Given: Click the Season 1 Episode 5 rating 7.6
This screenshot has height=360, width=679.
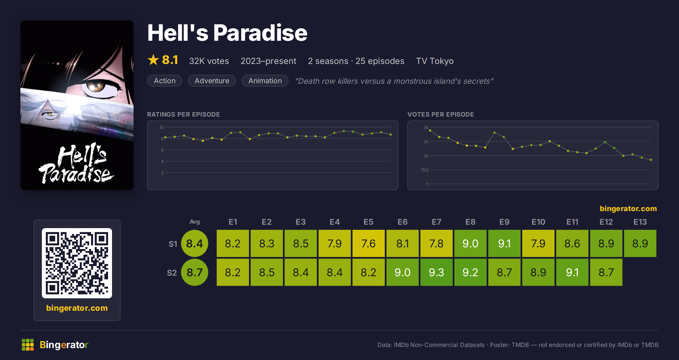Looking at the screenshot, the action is (368, 243).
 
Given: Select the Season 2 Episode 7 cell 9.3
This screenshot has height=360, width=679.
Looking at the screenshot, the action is (436, 272).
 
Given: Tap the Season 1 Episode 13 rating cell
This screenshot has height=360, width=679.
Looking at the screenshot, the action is (640, 243).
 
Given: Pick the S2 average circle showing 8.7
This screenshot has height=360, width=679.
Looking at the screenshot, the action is (195, 272).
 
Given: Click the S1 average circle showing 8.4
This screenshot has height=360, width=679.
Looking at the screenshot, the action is (195, 243).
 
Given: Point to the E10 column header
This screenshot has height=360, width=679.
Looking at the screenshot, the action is (538, 222).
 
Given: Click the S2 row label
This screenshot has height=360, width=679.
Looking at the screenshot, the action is (172, 273).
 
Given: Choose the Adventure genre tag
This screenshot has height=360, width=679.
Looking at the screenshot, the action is (212, 81).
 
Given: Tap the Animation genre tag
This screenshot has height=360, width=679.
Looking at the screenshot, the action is (265, 81).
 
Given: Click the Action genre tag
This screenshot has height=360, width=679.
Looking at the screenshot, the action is (165, 81).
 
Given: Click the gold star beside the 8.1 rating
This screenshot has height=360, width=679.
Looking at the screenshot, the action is (153, 60).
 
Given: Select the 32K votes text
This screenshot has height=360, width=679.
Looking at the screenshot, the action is (209, 61).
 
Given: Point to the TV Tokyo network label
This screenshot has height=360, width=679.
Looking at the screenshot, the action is (435, 61).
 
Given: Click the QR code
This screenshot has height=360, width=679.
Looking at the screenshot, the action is (77, 263).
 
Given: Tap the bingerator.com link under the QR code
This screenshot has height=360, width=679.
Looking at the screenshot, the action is (77, 308).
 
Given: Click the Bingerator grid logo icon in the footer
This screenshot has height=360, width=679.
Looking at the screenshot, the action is (28, 345).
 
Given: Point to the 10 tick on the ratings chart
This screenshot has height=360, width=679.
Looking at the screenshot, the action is (161, 127).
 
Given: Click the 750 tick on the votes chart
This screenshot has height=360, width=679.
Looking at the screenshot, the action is (424, 170).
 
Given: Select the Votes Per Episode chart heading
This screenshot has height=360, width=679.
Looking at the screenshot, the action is (441, 114).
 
